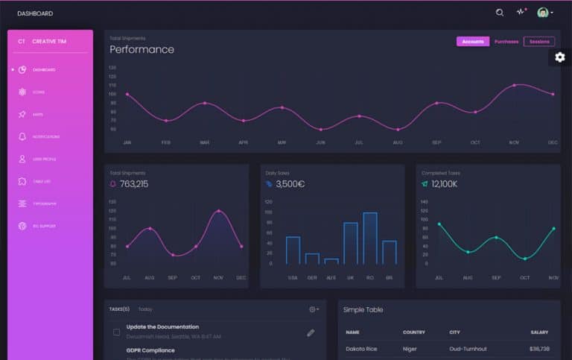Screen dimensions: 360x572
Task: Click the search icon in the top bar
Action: pos(500,13)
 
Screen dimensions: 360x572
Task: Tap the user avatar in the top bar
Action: pos(543,13)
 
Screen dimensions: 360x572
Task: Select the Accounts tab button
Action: pos(473,42)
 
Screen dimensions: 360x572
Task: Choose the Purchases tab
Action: pos(506,42)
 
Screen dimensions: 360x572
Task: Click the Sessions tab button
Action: pos(539,42)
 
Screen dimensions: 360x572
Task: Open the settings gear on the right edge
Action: pos(560,57)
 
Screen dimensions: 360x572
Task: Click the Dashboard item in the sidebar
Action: pos(43,70)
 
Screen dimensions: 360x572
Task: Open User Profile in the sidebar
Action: pos(43,160)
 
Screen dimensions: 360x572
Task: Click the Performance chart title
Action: pos(142,50)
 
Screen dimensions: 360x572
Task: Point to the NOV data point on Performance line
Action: pos(514,85)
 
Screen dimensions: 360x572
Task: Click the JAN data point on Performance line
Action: pos(127,94)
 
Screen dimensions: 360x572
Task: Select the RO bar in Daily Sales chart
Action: pos(369,239)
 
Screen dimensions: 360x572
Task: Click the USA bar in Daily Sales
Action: pos(293,250)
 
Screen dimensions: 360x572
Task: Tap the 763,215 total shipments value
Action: pos(134,184)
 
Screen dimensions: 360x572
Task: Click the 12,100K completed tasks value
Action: pos(444,184)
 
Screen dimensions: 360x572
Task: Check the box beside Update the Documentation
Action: pos(116,332)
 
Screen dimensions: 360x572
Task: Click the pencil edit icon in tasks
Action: pos(311,332)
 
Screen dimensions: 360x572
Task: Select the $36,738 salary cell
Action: pos(539,349)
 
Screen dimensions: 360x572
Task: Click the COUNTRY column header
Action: pos(413,332)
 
